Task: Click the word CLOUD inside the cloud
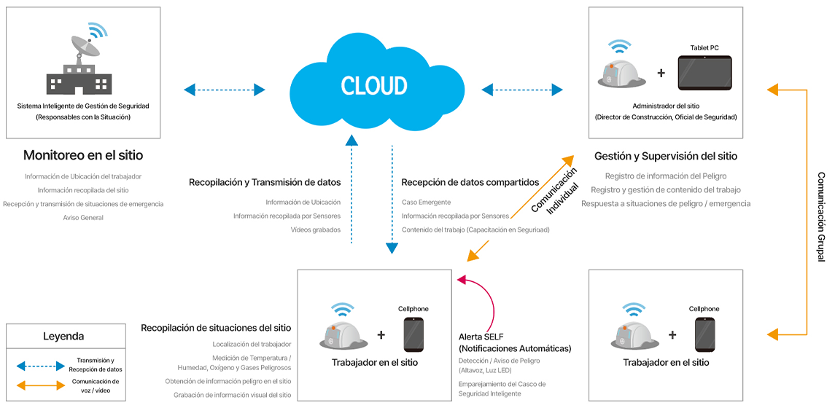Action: [x=373, y=85]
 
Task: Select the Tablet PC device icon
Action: [x=704, y=73]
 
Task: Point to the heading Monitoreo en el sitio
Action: [x=83, y=155]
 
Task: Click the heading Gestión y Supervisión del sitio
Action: [x=665, y=156]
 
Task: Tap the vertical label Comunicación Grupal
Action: [x=821, y=216]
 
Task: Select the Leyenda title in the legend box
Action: [x=63, y=337]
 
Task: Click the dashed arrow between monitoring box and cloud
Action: [x=224, y=90]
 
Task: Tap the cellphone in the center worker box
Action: [x=413, y=335]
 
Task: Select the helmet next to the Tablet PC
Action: [x=621, y=68]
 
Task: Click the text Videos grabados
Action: [x=316, y=230]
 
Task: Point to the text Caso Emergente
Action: [x=426, y=202]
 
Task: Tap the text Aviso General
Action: [x=83, y=217]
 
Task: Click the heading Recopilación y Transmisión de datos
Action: [x=265, y=182]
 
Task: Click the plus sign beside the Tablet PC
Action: [x=661, y=73]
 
